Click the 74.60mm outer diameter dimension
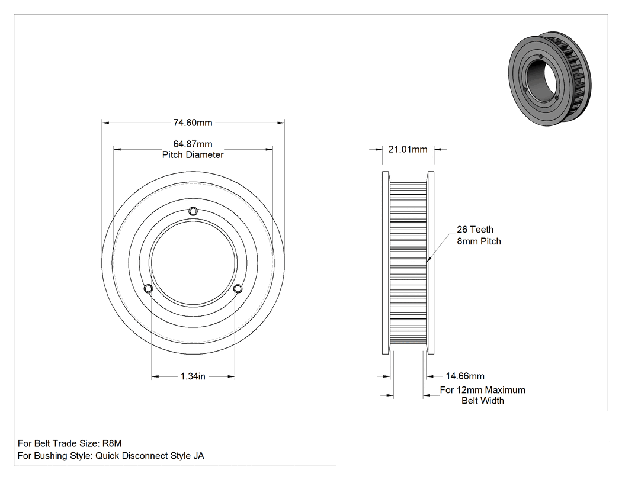tap(193, 123)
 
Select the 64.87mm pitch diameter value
tap(193, 144)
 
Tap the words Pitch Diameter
tap(193, 155)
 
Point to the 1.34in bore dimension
tap(193, 376)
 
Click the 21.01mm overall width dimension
tap(408, 149)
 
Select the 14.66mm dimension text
tap(465, 376)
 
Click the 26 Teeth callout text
tap(475, 230)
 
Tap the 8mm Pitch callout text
tap(479, 241)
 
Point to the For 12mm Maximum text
tap(482, 390)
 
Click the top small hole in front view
tap(193, 211)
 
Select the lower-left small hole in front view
tap(148, 289)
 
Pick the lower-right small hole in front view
tap(238, 289)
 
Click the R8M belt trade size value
tap(112, 443)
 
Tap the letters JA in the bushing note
tap(198, 456)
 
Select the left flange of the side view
tap(385, 263)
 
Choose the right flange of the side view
tap(431, 263)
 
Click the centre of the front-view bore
tap(193, 263)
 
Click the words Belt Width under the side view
tap(483, 401)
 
